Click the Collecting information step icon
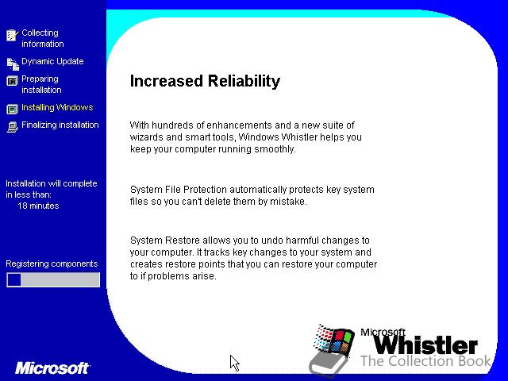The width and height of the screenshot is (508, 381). tap(13, 35)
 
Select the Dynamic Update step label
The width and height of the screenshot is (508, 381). tap(52, 61)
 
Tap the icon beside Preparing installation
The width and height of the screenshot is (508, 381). tap(13, 81)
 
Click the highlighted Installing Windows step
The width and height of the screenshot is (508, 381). tap(57, 107)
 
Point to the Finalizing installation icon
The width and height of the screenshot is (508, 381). tap(13, 127)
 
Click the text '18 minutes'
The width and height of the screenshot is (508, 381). tap(38, 206)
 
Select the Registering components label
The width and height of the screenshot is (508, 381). tap(52, 264)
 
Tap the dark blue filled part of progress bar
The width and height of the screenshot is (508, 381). tap(14, 279)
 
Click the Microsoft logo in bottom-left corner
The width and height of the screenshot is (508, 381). tap(52, 368)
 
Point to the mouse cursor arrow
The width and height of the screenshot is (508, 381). tap(234, 362)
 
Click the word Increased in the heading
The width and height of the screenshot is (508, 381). tap(167, 81)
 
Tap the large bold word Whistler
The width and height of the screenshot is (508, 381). tap(425, 345)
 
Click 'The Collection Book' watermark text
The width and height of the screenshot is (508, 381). tap(425, 360)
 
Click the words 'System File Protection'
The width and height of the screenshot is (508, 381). tap(179, 190)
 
